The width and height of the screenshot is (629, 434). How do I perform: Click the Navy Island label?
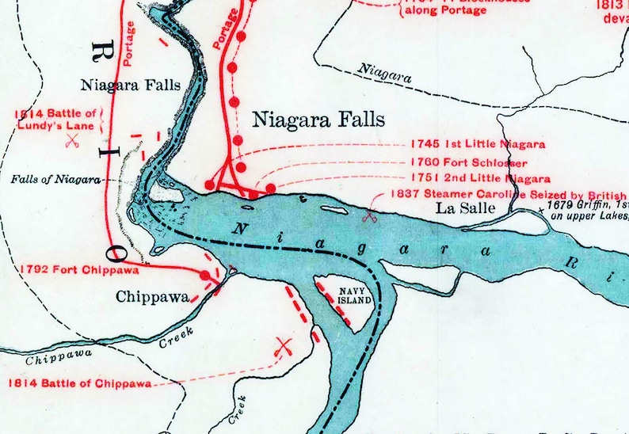point(345,295)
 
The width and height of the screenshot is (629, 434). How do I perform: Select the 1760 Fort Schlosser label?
point(478,162)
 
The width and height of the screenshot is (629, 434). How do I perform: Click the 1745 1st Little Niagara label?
point(478,144)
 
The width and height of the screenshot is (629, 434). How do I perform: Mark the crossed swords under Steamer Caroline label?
point(369,214)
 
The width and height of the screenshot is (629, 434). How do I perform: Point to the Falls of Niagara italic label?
point(55,180)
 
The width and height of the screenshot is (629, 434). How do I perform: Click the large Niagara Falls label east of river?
point(318,120)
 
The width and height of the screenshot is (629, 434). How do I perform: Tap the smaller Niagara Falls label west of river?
point(130,85)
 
